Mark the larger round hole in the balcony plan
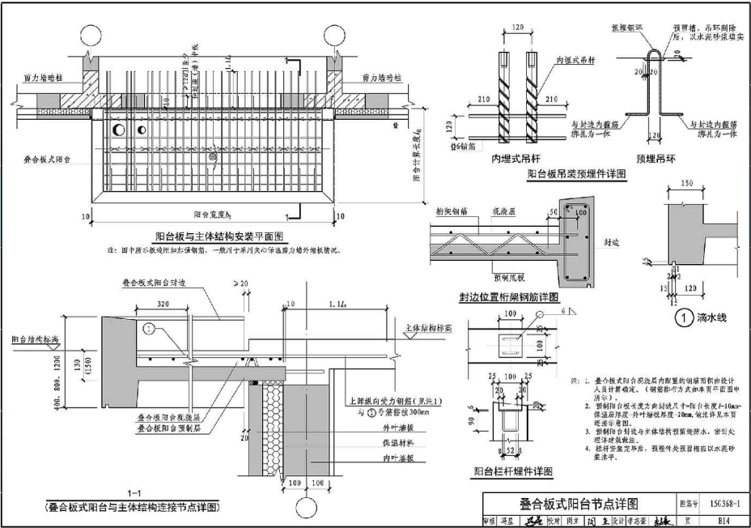118,130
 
